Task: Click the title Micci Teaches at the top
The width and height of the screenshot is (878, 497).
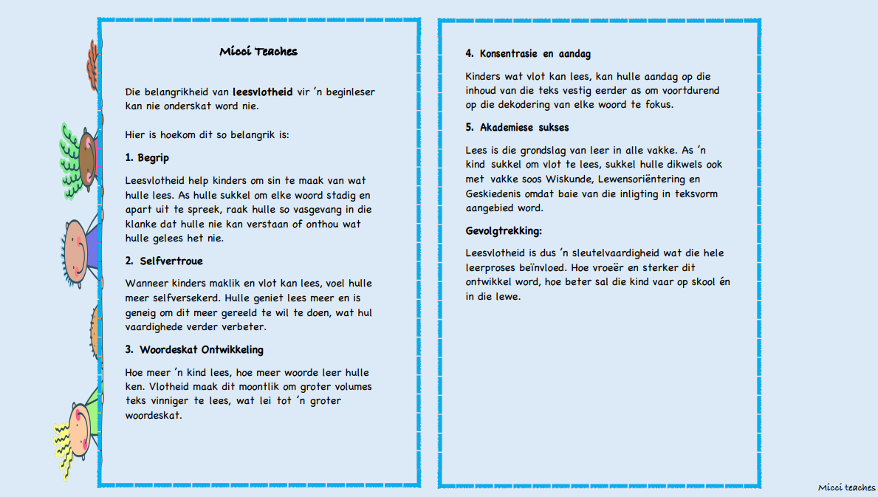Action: point(258,52)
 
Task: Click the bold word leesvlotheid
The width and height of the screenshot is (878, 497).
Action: point(262,92)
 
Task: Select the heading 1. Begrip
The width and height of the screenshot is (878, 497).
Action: point(147,158)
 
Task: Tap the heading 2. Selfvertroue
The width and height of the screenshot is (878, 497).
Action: point(163,261)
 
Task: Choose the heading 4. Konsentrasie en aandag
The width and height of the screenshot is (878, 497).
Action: point(527,54)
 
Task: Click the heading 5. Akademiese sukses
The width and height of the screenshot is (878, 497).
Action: point(517,128)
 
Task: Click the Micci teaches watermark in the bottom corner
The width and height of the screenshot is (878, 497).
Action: point(846,487)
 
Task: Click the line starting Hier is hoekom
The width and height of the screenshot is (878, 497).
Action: point(207,136)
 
